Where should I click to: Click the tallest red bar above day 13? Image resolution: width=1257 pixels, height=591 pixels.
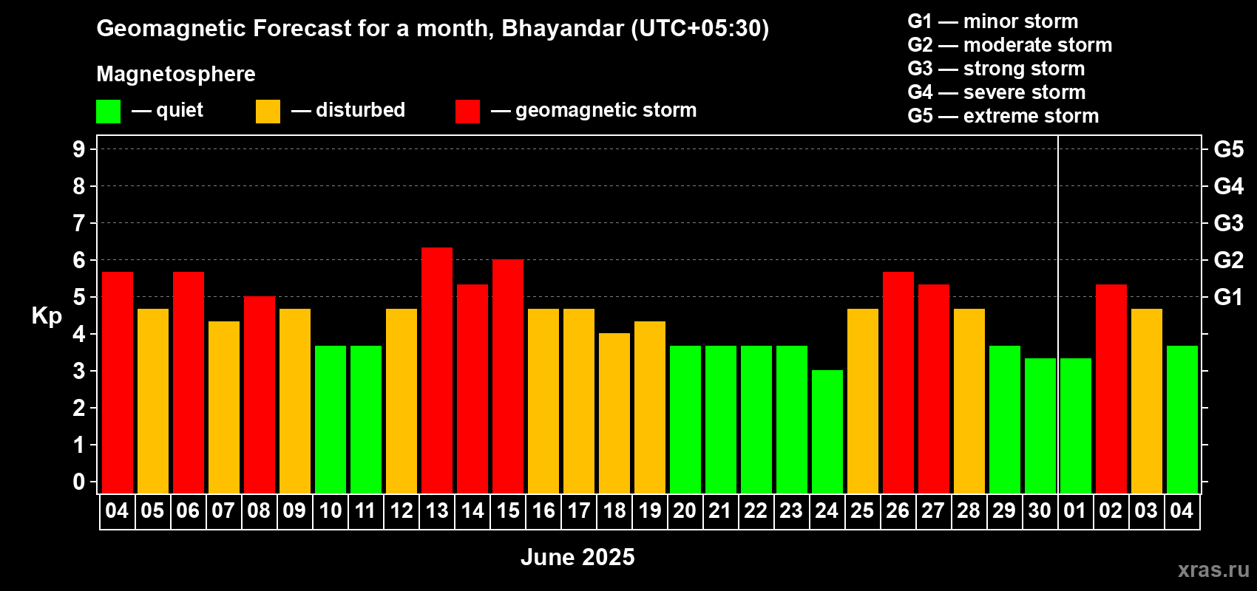pos(436,370)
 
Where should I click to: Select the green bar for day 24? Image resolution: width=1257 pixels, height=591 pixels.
pos(827,431)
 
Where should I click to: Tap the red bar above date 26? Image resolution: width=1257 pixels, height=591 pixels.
pos(898,383)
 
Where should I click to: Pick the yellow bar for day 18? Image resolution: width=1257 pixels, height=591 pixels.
pos(614,413)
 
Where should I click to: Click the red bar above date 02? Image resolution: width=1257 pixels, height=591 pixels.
pos(1111,389)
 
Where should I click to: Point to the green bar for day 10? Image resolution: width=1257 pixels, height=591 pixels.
pos(331,420)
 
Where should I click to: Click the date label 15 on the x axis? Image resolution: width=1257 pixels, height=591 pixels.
pos(509,510)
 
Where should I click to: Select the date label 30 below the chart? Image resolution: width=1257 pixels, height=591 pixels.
pos(1040,510)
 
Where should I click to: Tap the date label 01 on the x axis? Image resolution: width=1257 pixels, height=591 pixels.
pos(1075,510)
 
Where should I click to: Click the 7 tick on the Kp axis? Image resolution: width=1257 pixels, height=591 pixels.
pos(78,223)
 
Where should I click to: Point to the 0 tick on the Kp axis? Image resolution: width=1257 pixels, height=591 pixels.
pos(78,482)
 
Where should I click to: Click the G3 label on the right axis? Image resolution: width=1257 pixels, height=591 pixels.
pos(1229,223)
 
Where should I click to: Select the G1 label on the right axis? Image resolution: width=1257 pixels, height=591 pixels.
pos(1229,297)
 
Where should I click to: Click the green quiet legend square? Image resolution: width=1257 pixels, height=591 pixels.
pos(108,111)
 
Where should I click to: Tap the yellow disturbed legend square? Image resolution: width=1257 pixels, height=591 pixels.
pos(268,111)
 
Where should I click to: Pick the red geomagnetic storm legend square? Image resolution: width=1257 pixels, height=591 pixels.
pos(467,111)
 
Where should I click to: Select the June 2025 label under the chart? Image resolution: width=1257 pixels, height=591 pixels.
pos(577,557)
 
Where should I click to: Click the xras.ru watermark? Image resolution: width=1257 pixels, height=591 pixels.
pos(1213,570)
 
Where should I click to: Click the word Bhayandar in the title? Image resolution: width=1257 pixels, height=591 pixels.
pos(562,29)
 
